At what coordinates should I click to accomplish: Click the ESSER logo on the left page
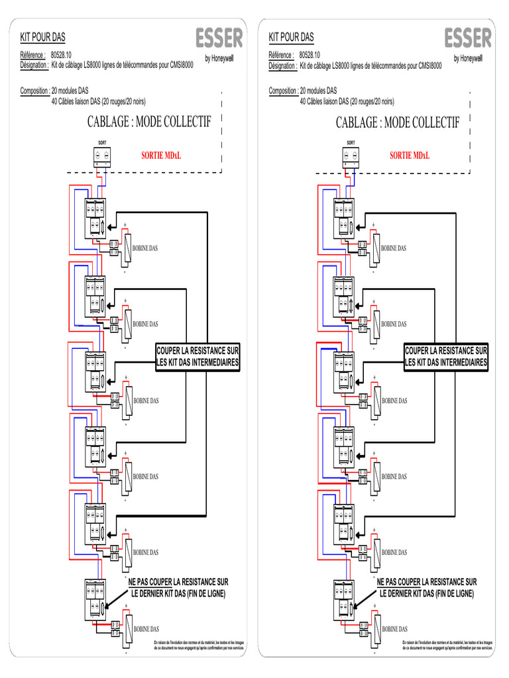[219, 38]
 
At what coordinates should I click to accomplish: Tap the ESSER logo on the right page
[468, 38]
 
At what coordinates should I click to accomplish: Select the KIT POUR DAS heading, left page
[43, 37]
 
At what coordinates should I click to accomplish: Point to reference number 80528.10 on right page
[310, 56]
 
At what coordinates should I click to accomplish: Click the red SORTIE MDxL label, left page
[161, 156]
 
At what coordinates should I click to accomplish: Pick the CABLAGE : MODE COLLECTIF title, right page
[397, 122]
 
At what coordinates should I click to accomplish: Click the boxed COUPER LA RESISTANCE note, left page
[198, 356]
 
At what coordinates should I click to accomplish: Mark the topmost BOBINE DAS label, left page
[145, 248]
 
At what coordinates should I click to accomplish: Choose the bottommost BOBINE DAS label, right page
[394, 629]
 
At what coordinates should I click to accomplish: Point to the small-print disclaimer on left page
[199, 646]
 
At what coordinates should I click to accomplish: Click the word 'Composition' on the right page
[283, 91]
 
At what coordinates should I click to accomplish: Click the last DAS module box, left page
[95, 599]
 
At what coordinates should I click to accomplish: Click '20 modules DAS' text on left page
[70, 91]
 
